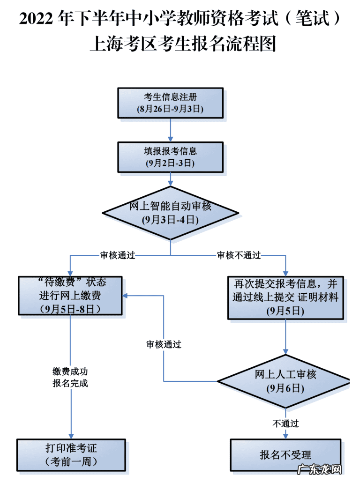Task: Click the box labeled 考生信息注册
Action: point(170,103)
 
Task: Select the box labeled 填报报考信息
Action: point(170,157)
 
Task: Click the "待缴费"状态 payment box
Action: point(70,296)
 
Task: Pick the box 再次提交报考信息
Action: point(285,297)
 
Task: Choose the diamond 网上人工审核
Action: point(285,381)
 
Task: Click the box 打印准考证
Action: point(71,454)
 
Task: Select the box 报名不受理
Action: point(285,454)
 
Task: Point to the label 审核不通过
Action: point(239,256)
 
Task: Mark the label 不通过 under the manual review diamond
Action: point(285,424)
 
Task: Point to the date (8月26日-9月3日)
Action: point(170,109)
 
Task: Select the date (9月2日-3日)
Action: point(170,163)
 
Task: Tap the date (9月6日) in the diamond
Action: point(285,388)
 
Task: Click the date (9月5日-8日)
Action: point(70,308)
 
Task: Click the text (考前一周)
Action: point(71,461)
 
